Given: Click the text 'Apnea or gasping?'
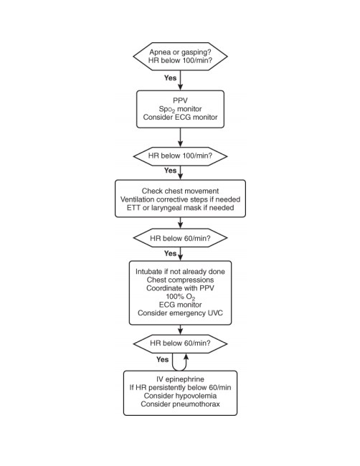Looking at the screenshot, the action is (x=180, y=52).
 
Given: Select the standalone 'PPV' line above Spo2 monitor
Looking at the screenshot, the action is (x=180, y=100).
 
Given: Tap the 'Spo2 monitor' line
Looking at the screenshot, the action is (x=180, y=109).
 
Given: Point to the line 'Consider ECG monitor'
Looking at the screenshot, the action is (x=180, y=117).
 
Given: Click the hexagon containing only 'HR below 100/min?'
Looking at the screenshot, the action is (x=180, y=156).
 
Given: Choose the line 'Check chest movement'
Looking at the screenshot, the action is (x=180, y=191).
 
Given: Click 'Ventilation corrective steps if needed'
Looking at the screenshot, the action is (x=180, y=199).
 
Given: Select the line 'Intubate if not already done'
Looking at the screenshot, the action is (x=180, y=272).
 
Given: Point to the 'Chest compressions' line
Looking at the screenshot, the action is (x=180, y=280).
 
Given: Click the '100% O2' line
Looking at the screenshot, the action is (x=180, y=297).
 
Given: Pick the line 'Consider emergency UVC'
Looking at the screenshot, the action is (x=180, y=313).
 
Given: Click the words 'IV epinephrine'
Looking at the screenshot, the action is (x=180, y=379).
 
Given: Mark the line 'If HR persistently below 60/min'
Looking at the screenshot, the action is (x=180, y=388).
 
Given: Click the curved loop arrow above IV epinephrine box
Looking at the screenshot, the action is (x=179, y=371).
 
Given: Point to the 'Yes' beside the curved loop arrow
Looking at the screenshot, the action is (x=162, y=360).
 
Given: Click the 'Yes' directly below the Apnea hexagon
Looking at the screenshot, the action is (x=170, y=78).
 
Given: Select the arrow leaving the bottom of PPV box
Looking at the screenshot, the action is (x=180, y=138).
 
